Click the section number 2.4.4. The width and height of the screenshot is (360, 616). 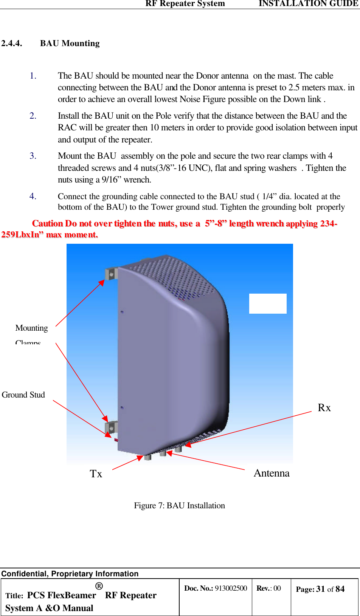[x=12, y=43]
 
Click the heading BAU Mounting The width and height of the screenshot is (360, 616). [x=70, y=43]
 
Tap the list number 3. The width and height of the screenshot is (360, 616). [x=33, y=156]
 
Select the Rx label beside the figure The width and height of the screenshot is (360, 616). [x=324, y=408]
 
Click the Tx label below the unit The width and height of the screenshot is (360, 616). [x=96, y=474]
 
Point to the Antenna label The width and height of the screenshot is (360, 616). [x=272, y=473]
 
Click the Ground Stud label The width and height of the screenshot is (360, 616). [x=23, y=395]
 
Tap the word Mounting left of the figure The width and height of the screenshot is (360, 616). [x=32, y=328]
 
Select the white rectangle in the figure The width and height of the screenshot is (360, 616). [x=268, y=303]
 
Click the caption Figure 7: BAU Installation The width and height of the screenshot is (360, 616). [x=179, y=506]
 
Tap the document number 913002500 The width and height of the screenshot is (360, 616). [x=231, y=588]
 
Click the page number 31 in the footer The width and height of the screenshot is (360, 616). [x=321, y=589]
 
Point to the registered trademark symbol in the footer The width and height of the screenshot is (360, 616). [x=99, y=586]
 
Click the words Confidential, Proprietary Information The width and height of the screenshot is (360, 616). [x=70, y=574]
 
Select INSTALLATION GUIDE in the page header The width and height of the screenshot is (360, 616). [x=308, y=4]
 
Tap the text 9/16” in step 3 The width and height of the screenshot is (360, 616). [x=110, y=180]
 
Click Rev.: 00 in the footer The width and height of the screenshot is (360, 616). [x=268, y=588]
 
